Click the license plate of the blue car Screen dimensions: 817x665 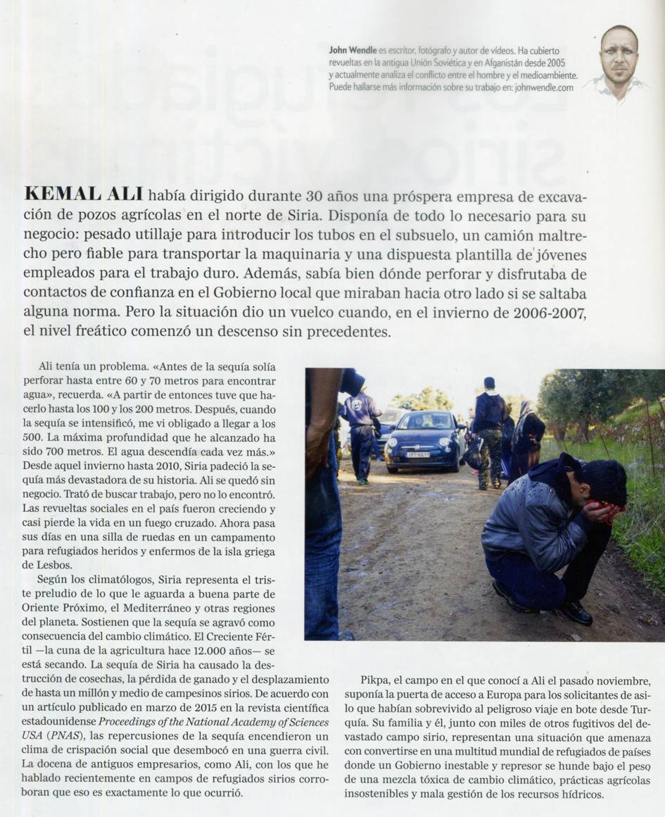pyautogui.click(x=417, y=454)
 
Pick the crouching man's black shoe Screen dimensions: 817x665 pyautogui.click(x=576, y=613)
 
